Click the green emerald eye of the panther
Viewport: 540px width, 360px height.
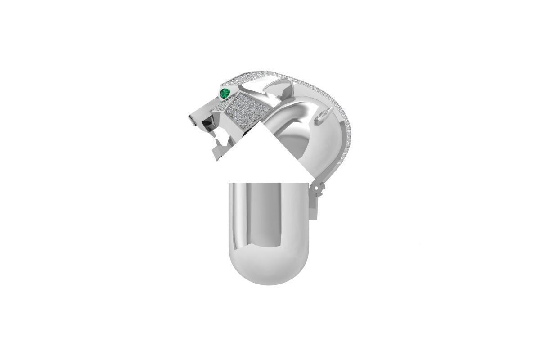click(x=225, y=93)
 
